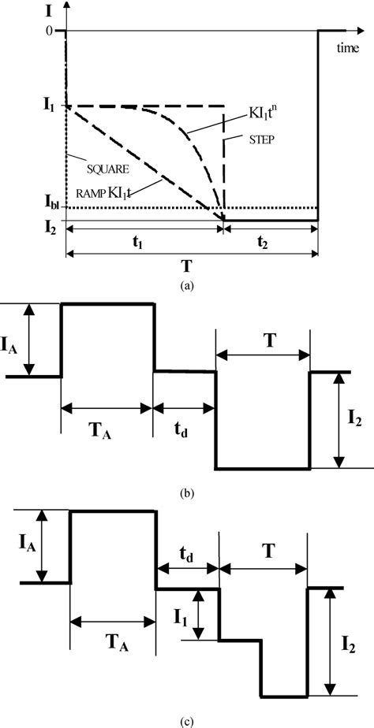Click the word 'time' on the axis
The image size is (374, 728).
[x=348, y=49]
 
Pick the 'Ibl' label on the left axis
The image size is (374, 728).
[x=49, y=209]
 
